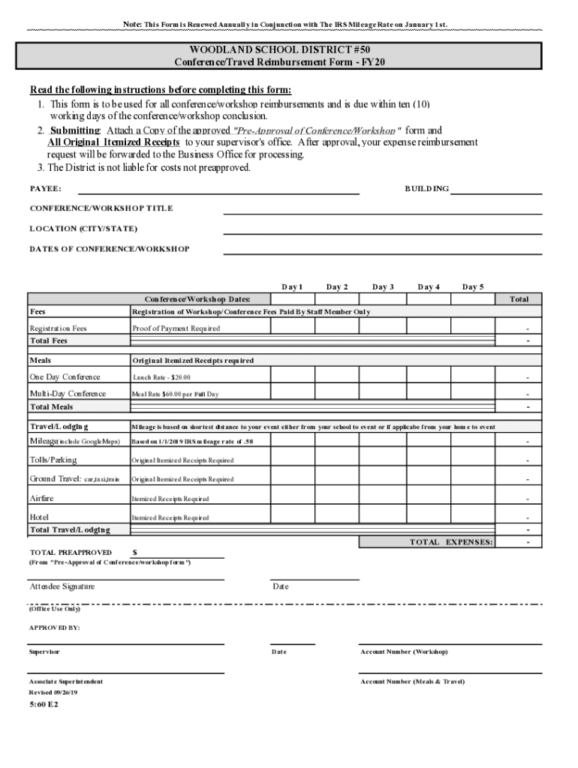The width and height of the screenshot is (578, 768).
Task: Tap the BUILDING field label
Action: [426, 189]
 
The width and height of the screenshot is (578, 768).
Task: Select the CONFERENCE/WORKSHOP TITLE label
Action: [101, 208]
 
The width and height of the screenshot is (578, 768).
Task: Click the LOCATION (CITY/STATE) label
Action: [83, 228]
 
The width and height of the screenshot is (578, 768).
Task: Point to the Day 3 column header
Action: [383, 286]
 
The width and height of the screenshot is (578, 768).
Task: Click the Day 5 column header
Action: [473, 286]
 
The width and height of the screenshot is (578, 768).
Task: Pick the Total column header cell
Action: [519, 299]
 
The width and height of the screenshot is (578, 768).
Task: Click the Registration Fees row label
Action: [58, 328]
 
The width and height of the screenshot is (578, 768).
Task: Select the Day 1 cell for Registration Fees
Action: [291, 327]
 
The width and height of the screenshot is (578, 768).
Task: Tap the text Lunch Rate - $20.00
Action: [161, 377]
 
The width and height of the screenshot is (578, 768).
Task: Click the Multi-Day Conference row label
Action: [68, 394]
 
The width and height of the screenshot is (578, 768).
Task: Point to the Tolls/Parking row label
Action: [53, 460]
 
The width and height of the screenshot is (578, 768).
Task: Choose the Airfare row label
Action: [41, 498]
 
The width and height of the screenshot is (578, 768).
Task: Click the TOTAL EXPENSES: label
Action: [450, 541]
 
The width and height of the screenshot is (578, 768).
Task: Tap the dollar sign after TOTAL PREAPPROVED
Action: [134, 553]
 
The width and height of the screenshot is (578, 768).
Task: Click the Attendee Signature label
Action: [62, 586]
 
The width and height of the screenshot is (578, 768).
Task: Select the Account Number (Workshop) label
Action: [404, 652]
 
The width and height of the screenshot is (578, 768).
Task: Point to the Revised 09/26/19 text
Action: [53, 692]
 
